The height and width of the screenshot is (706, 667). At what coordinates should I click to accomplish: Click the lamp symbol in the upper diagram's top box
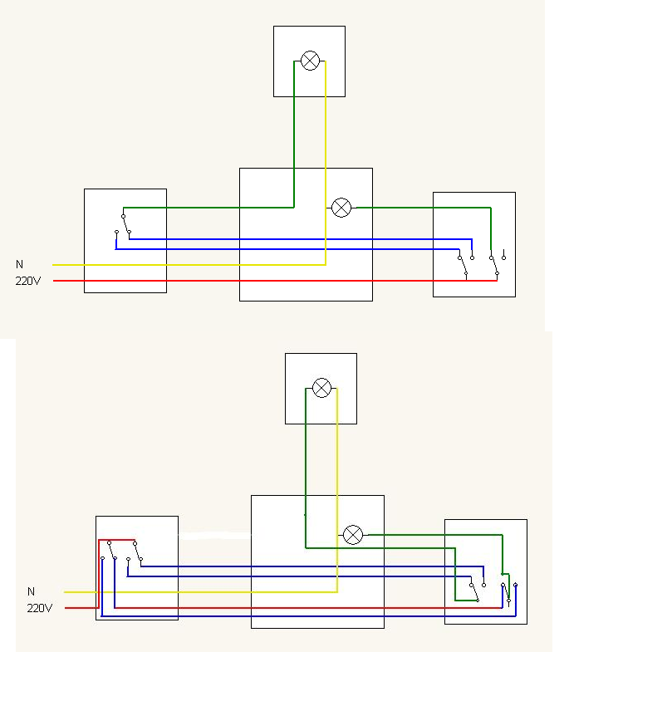pyautogui.click(x=310, y=61)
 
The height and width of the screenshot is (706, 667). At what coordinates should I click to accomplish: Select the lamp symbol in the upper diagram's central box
pyautogui.click(x=341, y=208)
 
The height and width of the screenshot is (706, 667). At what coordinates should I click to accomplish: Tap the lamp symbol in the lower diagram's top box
pyautogui.click(x=321, y=388)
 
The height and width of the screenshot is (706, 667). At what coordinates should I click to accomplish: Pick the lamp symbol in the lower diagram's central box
pyautogui.click(x=353, y=535)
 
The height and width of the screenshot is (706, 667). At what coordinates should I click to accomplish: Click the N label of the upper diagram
pyautogui.click(x=19, y=264)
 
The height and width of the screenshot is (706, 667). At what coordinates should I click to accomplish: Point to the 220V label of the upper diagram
pyautogui.click(x=28, y=281)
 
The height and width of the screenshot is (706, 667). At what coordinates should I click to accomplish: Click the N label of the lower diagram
pyautogui.click(x=31, y=591)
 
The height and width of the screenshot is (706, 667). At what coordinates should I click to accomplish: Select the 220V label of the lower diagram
pyautogui.click(x=40, y=608)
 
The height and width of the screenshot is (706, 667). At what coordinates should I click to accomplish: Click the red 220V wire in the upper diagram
pyautogui.click(x=275, y=281)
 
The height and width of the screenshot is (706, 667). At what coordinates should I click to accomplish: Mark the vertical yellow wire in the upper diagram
pyautogui.click(x=326, y=163)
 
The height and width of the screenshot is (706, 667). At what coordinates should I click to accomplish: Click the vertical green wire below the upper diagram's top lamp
pyautogui.click(x=294, y=135)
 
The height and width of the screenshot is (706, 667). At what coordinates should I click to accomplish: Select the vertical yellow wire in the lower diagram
pyautogui.click(x=337, y=490)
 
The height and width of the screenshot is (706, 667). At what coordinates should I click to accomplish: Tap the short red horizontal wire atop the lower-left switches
pyautogui.click(x=116, y=540)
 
